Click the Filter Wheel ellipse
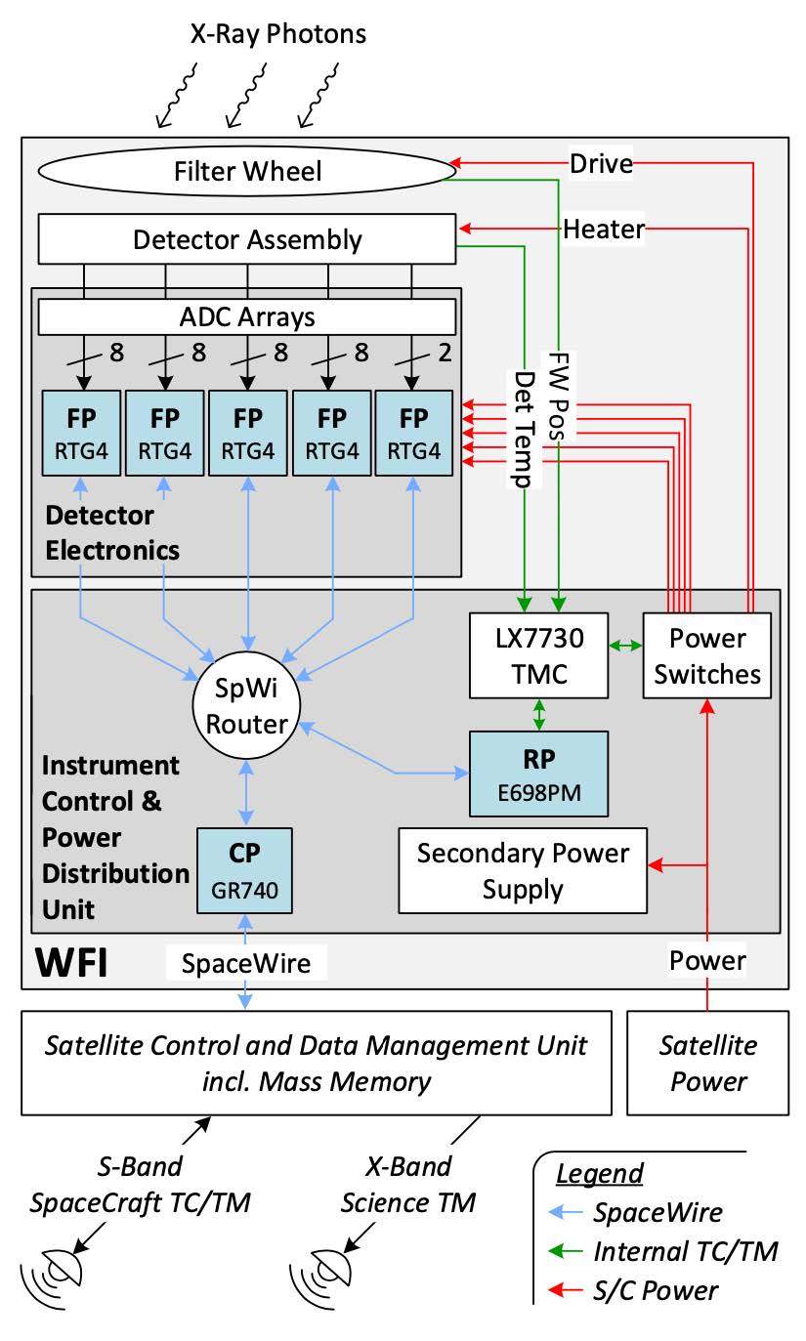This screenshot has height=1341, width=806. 247,172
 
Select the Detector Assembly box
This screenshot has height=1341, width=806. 247,239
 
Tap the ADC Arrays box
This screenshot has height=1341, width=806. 247,316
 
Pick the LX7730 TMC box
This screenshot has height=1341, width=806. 538,655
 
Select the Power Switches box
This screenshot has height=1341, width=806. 706,655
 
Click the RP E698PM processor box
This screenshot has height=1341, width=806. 538,774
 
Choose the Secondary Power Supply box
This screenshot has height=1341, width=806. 523,870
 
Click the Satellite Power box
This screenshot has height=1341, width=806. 707,1063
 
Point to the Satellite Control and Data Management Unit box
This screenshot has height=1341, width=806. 316,1063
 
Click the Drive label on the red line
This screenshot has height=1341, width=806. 601,163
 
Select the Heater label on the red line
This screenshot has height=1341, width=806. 605,230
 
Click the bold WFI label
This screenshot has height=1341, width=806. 71,962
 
